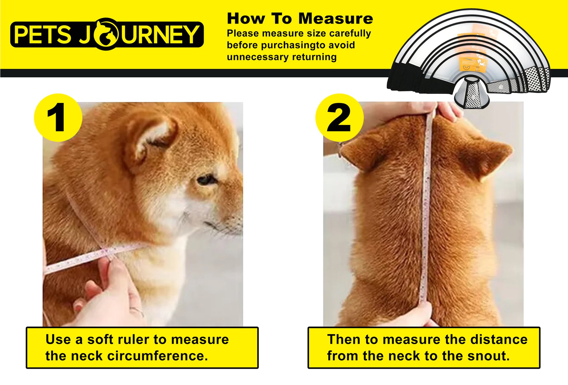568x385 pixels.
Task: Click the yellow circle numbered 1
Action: [58, 118]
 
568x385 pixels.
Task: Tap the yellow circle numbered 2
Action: [339, 118]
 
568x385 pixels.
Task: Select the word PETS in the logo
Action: [43, 34]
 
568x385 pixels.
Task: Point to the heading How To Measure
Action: [300, 18]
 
